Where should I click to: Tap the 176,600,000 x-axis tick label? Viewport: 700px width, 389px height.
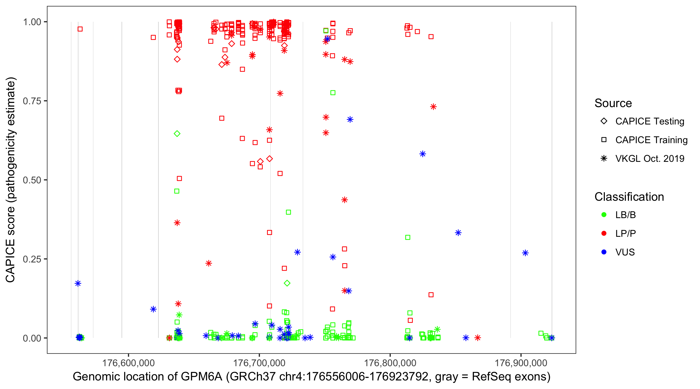point(128,363)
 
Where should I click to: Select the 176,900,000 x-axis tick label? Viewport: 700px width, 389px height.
point(521,363)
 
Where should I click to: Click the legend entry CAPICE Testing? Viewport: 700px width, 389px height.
point(649,121)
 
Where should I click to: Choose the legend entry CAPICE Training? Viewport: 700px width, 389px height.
point(651,140)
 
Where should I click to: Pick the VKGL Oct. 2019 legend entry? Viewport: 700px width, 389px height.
point(649,158)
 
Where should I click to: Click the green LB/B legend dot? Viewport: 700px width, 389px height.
point(604,215)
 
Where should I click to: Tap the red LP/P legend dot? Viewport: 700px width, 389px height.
point(604,233)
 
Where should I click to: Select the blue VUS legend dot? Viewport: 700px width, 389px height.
point(604,252)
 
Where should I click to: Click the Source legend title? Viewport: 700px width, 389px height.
point(613,103)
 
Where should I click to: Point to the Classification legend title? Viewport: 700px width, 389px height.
point(629,197)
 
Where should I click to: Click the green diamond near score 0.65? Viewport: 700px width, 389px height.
point(177,134)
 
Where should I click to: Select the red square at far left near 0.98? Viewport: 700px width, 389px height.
point(80,29)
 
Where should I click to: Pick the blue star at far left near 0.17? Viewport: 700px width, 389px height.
point(78,283)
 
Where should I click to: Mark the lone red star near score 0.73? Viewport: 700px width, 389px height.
point(433,107)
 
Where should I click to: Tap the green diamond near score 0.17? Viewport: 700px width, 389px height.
point(287,283)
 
